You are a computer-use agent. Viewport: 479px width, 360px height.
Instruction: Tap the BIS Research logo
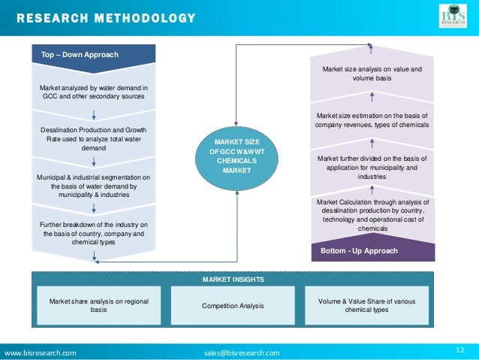point(453,16)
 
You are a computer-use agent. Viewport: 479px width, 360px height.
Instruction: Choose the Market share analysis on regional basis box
point(98,305)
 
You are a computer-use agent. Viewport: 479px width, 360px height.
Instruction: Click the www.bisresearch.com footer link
point(41,352)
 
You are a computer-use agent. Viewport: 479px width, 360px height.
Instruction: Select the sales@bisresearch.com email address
point(241,352)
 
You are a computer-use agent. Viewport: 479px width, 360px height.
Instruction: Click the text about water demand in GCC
point(93,92)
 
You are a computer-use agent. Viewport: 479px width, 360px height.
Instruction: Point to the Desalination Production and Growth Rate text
point(93,139)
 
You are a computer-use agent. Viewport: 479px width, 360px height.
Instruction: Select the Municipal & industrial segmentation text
point(93,186)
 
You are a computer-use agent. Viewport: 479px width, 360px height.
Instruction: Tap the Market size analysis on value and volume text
point(371,73)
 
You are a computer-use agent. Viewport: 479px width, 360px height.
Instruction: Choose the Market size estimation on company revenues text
point(372,119)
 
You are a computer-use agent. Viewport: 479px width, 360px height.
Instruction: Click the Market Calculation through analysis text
point(372,215)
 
